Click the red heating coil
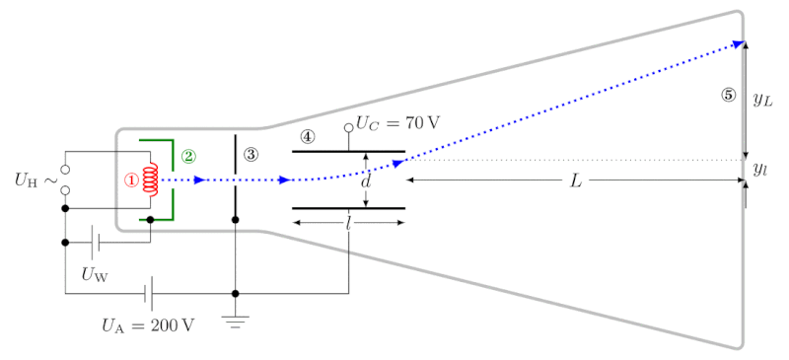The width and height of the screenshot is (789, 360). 151,180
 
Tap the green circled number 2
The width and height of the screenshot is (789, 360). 189,156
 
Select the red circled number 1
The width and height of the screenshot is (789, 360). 131,180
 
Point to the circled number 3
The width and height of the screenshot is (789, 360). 251,155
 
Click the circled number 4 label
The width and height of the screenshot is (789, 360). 308,136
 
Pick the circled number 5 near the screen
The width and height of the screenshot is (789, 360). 728,95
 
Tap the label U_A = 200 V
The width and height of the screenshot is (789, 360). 148,325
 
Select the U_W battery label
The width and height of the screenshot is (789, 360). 95,274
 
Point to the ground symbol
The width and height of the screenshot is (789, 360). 235,322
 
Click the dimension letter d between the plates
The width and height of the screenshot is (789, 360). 366,181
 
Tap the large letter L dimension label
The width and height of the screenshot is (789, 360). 576,181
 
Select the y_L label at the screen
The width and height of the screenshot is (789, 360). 762,101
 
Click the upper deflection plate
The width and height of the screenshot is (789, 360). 349,151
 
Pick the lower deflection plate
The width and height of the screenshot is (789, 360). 349,208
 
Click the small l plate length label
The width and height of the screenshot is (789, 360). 348,224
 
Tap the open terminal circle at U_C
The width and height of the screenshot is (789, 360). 348,128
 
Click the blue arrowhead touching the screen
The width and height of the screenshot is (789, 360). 738,44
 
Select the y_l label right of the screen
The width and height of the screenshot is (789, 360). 759,170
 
